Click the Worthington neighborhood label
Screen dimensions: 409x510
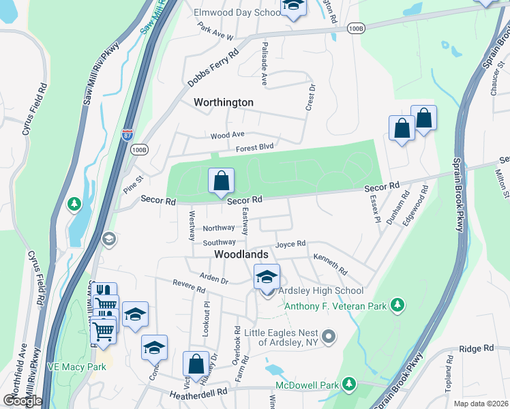[224, 102]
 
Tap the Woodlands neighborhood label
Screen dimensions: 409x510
[241, 254]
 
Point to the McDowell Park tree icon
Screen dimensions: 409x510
[349, 384]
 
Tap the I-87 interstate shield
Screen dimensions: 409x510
[127, 134]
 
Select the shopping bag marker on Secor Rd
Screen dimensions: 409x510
[222, 181]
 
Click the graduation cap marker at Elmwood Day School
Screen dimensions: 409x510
[293, 6]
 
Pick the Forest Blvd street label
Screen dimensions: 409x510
[254, 147]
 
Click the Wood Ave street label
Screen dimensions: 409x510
[227, 136]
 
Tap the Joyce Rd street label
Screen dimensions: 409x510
[290, 243]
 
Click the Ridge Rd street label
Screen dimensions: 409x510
[476, 348]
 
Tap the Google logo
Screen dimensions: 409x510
[22, 401]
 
